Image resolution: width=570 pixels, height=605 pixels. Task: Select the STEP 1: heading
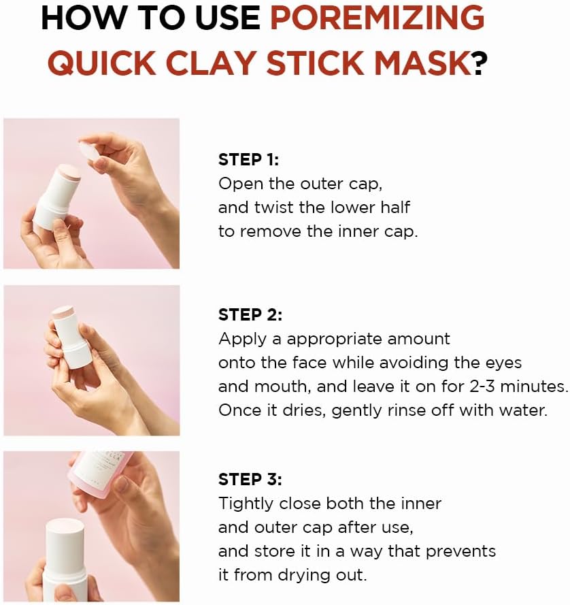pos(249,159)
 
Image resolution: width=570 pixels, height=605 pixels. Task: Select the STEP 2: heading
pos(250,314)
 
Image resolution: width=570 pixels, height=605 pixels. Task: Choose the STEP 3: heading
pos(250,479)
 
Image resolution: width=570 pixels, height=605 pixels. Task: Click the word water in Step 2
pos(525,410)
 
